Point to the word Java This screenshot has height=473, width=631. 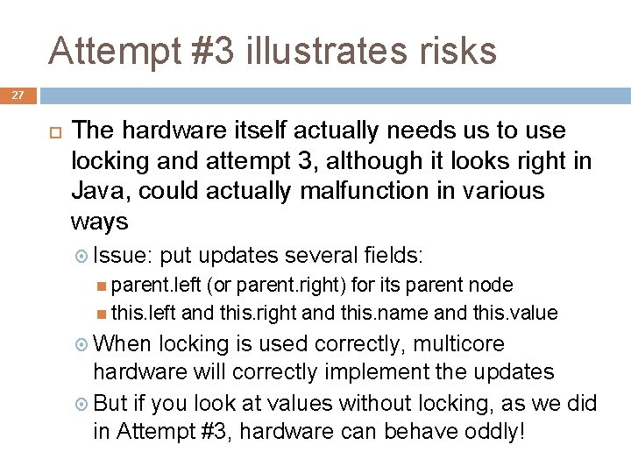[x=98, y=191]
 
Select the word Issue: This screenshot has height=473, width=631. [x=124, y=256]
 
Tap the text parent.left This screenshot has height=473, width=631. [x=144, y=285]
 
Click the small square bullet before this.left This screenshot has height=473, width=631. [x=103, y=314]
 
